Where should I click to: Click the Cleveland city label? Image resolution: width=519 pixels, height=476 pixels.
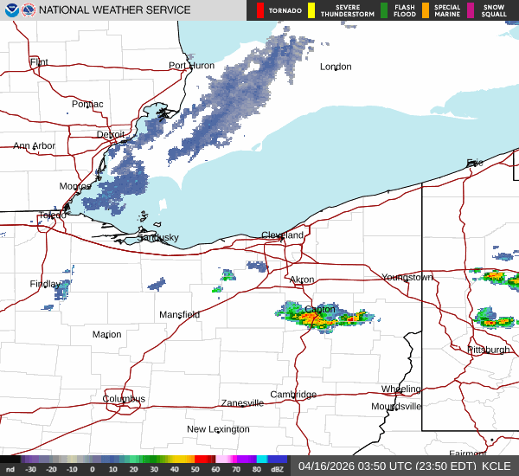point(283,235)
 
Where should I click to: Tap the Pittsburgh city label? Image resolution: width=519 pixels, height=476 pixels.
point(488,350)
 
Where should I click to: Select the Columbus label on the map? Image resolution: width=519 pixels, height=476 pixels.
point(124,399)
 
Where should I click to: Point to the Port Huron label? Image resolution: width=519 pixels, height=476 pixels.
point(191,66)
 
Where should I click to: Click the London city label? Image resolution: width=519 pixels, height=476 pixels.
point(336,67)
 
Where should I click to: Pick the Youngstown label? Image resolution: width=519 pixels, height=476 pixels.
point(407,277)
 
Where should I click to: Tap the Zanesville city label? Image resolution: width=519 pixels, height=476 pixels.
point(241,403)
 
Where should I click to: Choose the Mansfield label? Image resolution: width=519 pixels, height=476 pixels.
point(179,314)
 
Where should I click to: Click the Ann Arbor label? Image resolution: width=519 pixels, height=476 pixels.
point(34,146)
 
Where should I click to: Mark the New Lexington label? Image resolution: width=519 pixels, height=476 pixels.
point(219,429)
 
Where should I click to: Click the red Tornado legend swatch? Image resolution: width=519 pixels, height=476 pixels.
point(260,10)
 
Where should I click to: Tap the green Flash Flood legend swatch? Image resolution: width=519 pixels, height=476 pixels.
point(384,10)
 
